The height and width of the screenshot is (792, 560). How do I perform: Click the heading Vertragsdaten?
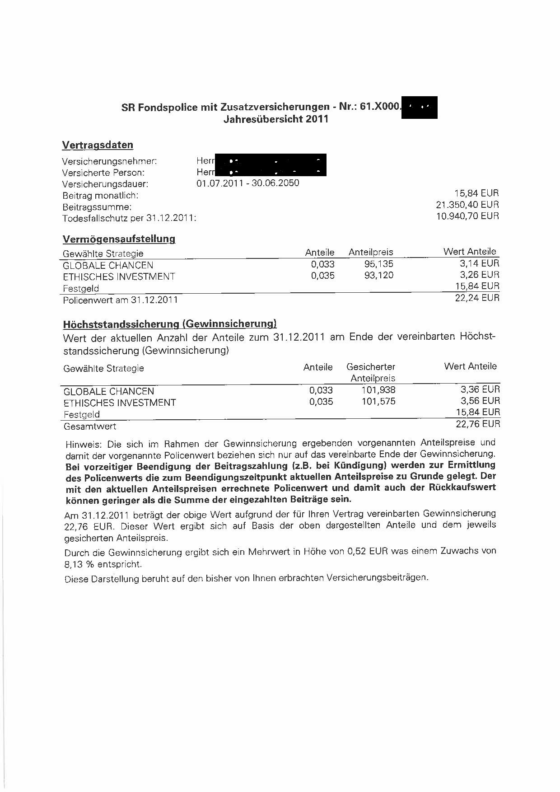click(98, 145)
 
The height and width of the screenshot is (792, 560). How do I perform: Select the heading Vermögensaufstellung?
click(119, 239)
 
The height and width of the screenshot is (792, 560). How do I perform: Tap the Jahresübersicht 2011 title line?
click(275, 119)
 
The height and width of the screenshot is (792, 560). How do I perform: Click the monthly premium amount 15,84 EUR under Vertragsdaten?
click(476, 193)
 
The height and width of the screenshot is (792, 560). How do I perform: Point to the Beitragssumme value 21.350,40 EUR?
click(467, 205)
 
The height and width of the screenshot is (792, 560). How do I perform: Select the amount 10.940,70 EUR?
click(467, 216)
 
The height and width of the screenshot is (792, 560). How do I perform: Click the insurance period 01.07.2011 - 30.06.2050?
click(247, 183)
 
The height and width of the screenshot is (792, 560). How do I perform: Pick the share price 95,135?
click(378, 264)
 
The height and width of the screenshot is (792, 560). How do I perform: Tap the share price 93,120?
click(378, 275)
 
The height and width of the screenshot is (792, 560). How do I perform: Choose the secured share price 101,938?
click(378, 390)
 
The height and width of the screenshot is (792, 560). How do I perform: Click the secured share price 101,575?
click(378, 401)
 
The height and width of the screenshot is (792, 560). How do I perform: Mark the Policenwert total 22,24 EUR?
click(477, 298)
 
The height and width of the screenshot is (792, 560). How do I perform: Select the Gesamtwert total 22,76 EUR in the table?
click(478, 424)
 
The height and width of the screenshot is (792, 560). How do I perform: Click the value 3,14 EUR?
click(480, 263)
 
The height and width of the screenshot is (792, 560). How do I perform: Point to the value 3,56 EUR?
click(480, 401)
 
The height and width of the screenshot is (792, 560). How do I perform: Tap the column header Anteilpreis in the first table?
click(371, 252)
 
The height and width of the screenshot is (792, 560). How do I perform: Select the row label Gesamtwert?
click(90, 426)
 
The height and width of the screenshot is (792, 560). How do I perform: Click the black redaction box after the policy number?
click(419, 108)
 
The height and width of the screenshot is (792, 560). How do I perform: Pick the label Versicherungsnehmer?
click(109, 161)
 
